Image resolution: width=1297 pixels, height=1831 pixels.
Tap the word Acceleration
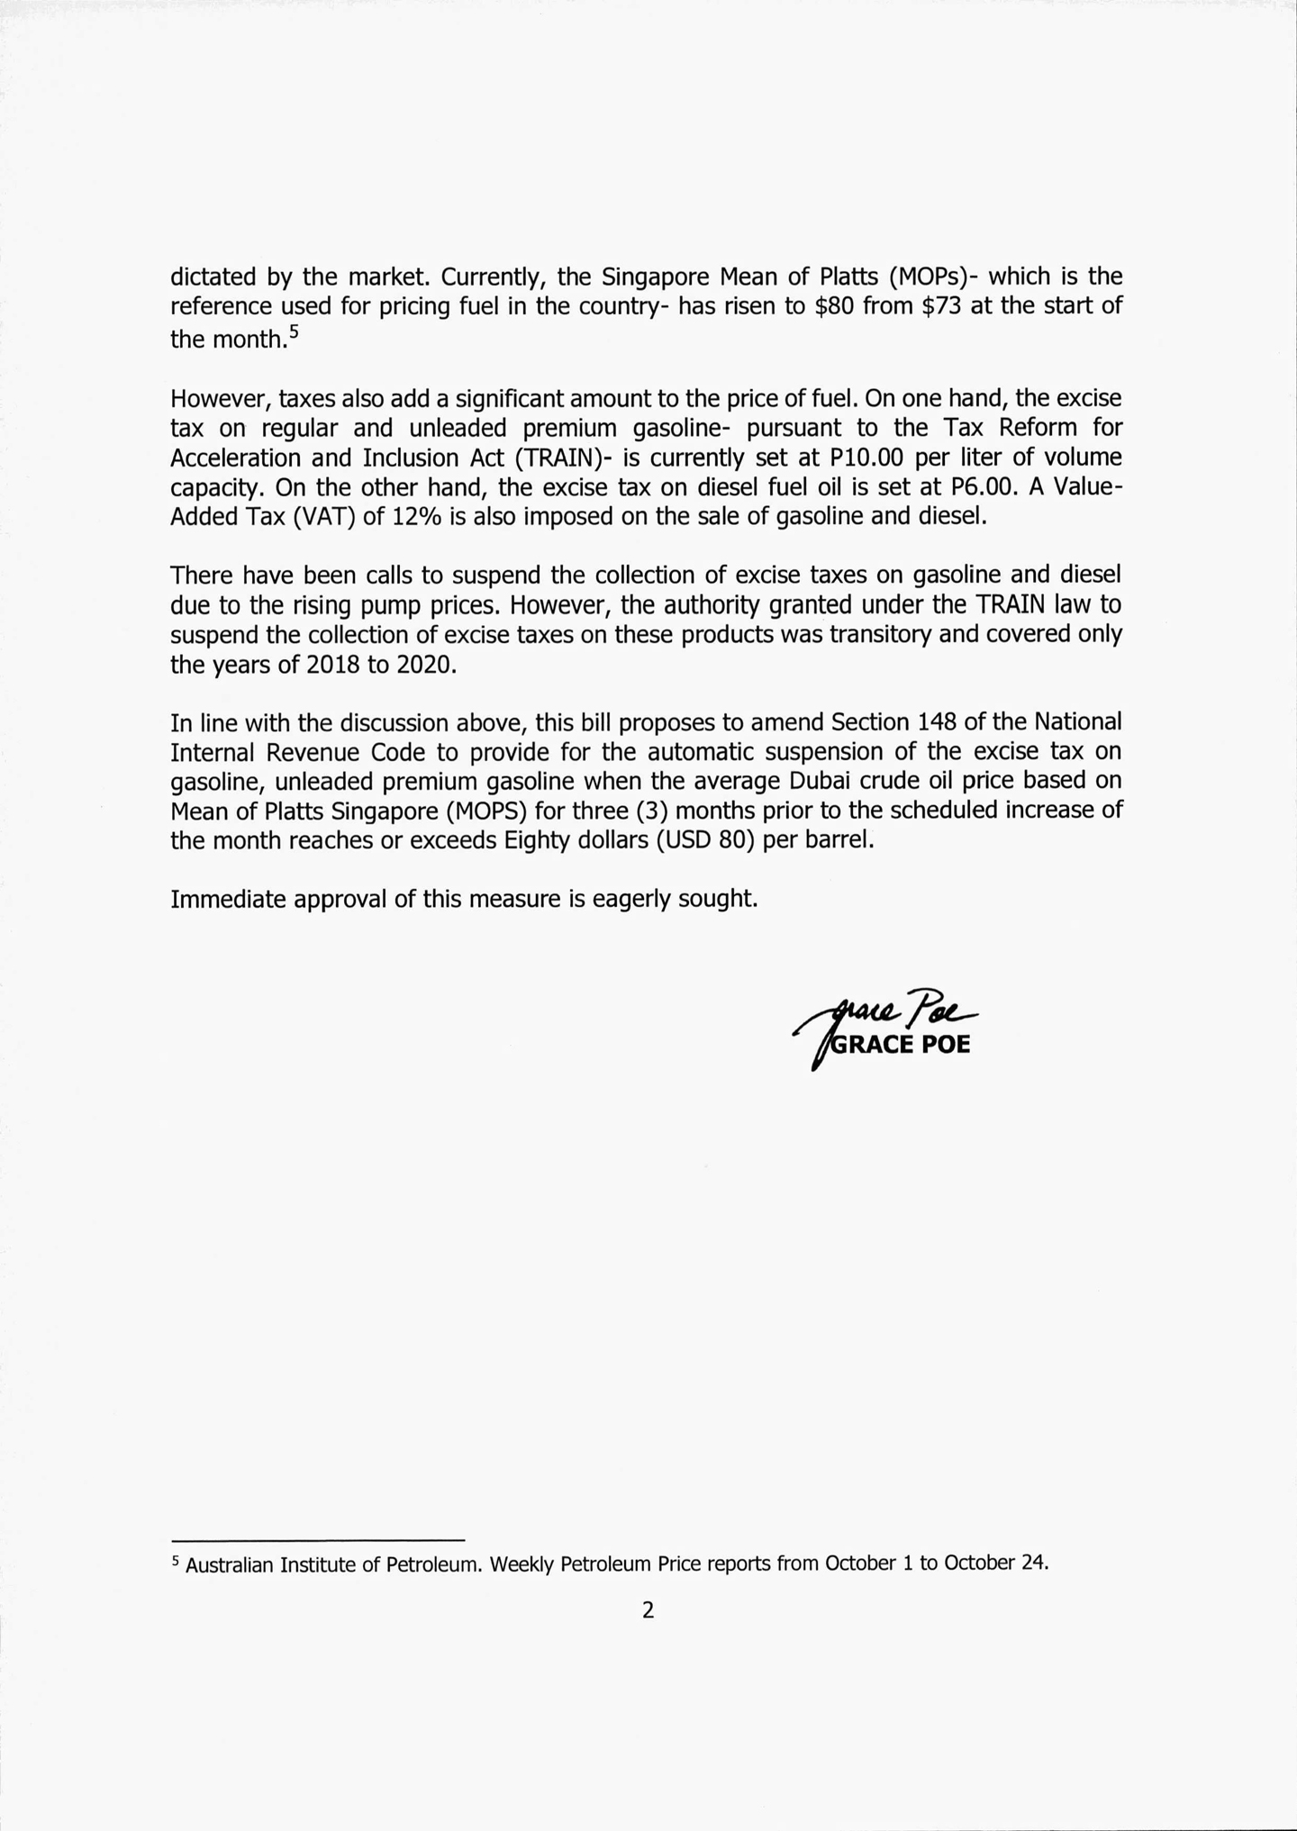(x=236, y=458)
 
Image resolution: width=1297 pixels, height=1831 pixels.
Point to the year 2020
(x=420, y=665)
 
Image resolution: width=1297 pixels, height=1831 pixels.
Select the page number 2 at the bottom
(x=648, y=1610)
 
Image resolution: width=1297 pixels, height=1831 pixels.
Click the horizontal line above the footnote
(x=317, y=1540)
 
